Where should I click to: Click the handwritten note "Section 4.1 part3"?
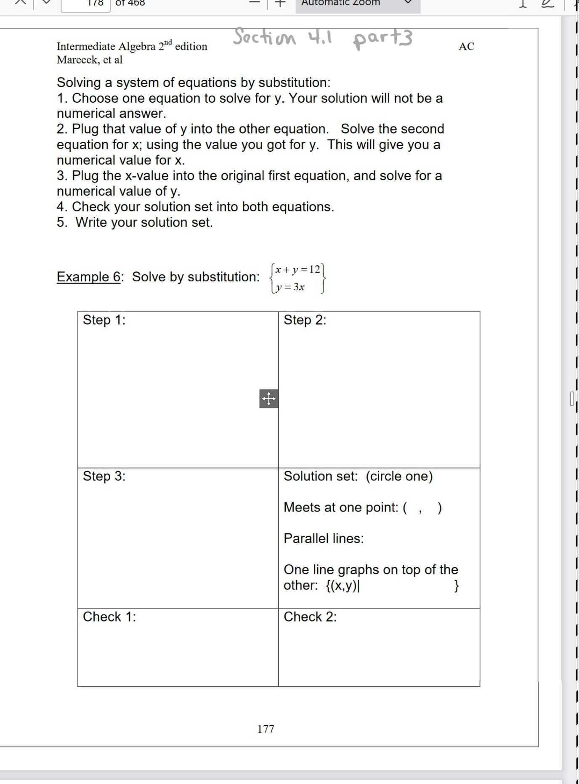click(323, 38)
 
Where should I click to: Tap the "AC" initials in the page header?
click(466, 46)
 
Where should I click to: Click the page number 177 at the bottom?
click(266, 729)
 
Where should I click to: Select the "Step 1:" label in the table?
click(104, 320)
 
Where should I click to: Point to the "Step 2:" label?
click(305, 320)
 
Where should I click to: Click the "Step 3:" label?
click(104, 476)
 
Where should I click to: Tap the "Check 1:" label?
click(109, 617)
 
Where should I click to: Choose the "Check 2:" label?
click(310, 617)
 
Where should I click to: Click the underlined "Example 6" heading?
click(89, 277)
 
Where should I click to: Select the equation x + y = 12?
click(298, 270)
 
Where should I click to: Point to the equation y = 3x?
click(290, 287)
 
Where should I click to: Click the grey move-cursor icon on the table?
click(268, 398)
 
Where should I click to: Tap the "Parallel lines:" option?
click(324, 538)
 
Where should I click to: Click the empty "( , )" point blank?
click(422, 508)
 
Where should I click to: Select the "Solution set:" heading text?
click(321, 476)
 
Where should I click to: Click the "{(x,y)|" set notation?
click(343, 585)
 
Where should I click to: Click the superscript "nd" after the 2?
click(168, 42)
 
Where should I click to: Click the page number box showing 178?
click(86, 4)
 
